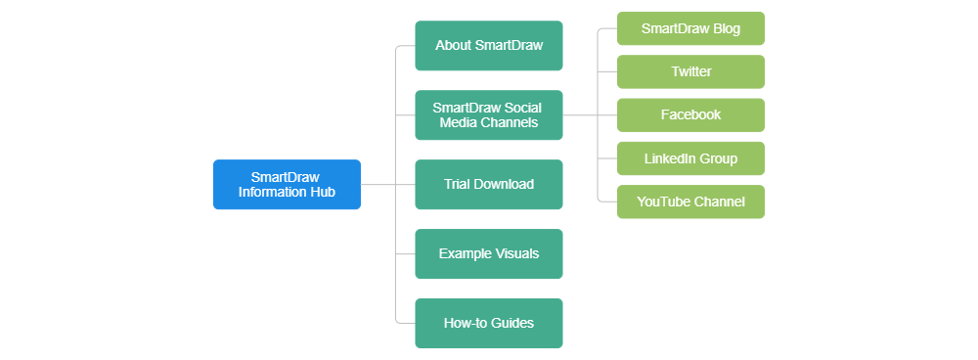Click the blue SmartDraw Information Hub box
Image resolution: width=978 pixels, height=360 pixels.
click(287, 184)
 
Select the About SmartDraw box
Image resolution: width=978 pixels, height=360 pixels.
click(489, 46)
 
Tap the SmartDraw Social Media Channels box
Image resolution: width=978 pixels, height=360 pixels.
click(489, 115)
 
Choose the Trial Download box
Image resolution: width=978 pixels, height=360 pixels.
click(489, 184)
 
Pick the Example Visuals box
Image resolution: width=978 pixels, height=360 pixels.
click(489, 253)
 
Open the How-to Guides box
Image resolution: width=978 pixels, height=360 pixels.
click(489, 323)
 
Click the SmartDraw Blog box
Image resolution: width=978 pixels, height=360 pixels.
click(690, 28)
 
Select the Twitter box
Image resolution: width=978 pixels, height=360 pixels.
click(690, 71)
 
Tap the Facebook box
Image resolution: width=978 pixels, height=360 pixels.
click(690, 114)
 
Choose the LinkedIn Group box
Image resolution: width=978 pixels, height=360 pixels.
click(690, 158)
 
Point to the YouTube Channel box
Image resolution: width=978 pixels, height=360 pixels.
click(690, 202)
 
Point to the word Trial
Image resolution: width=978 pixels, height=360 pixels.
click(458, 184)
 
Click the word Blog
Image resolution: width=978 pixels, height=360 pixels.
click(724, 28)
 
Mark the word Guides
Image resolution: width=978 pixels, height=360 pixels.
click(513, 323)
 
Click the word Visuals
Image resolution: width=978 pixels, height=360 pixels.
click(515, 253)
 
